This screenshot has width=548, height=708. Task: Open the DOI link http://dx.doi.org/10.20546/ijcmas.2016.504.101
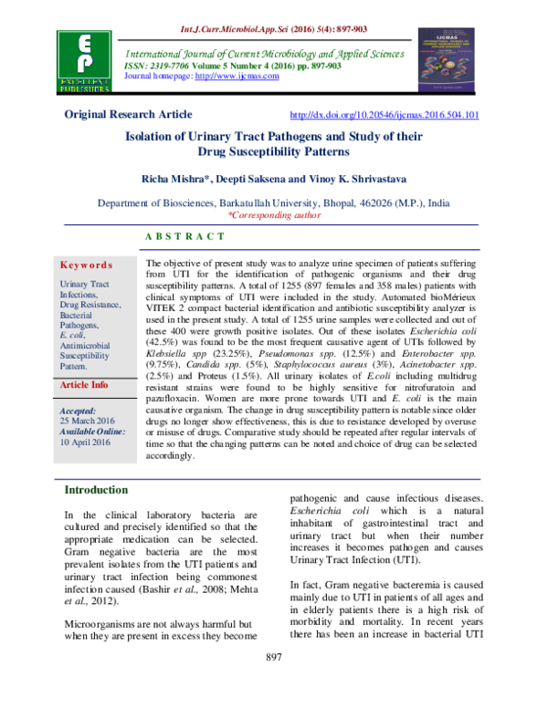tap(384, 116)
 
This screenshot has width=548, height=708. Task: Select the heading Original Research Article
tap(127, 115)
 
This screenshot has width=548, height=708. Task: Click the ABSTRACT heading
tap(185, 236)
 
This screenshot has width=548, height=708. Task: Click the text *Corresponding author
tap(273, 217)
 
